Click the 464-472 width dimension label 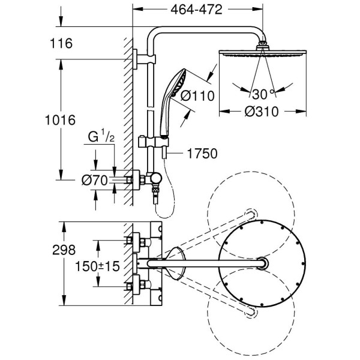pyautogui.click(x=196, y=10)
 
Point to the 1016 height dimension pyautogui.click(x=60, y=120)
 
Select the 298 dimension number pyautogui.click(x=61, y=249)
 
